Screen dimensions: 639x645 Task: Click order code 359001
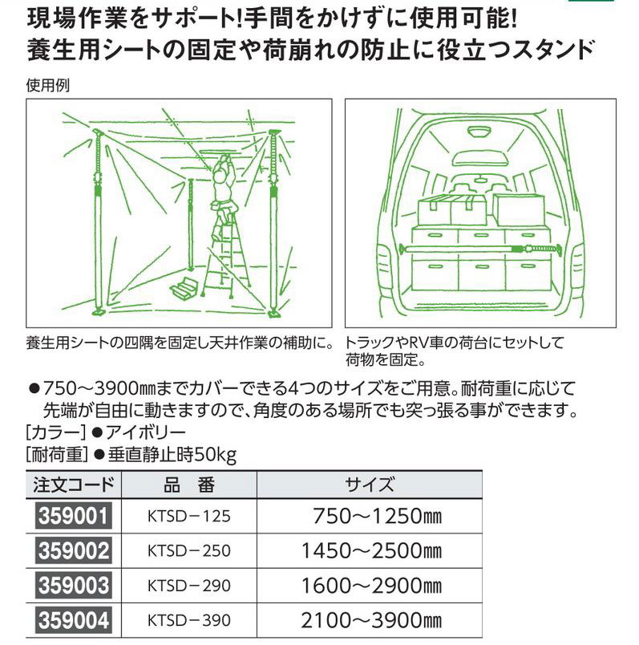pyautogui.click(x=74, y=517)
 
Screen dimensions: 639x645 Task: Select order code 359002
pyautogui.click(x=74, y=551)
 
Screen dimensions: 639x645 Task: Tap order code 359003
pyautogui.click(x=74, y=586)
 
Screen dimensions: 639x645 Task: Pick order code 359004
pyautogui.click(x=74, y=620)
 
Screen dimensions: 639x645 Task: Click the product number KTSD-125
pyautogui.click(x=189, y=517)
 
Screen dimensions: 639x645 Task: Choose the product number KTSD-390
pyautogui.click(x=189, y=620)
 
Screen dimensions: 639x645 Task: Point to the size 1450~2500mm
pyautogui.click(x=371, y=551)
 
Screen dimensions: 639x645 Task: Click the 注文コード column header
pyautogui.click(x=74, y=485)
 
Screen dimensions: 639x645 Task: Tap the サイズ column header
pyautogui.click(x=370, y=485)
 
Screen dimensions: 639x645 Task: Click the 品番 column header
pyautogui.click(x=189, y=485)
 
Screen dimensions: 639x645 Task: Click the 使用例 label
pyautogui.click(x=47, y=86)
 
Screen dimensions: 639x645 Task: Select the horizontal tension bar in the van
pyautogui.click(x=480, y=249)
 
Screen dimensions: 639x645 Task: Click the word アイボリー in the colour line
pyautogui.click(x=146, y=432)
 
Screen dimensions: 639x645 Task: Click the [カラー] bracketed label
pyautogui.click(x=56, y=432)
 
